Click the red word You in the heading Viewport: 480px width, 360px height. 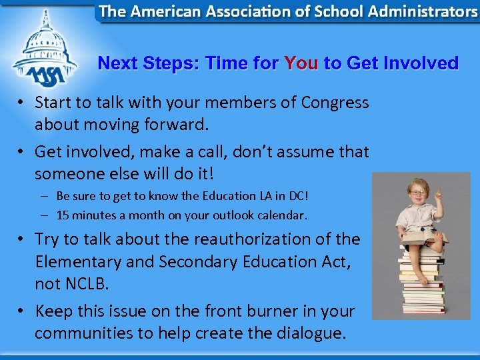(x=301, y=63)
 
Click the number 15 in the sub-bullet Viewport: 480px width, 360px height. (x=63, y=215)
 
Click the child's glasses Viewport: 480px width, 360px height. (x=417, y=193)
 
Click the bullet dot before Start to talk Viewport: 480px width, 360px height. (x=22, y=103)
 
